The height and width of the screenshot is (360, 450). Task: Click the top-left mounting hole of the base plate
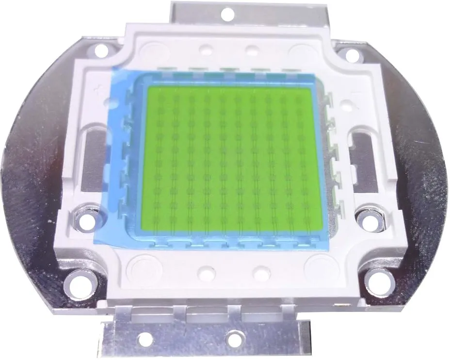click(100, 49)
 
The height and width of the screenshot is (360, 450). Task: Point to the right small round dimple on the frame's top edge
click(252, 50)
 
